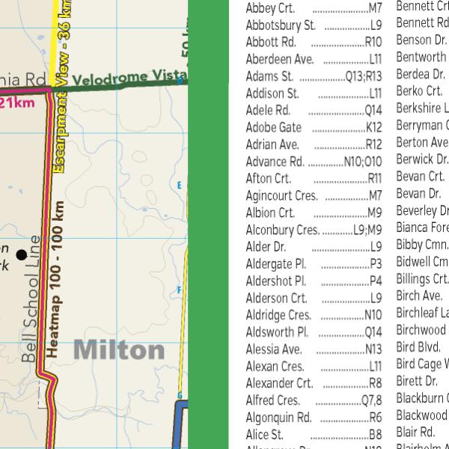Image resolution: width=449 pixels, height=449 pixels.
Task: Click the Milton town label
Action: (x=119, y=349)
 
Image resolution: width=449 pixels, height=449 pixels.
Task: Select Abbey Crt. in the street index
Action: (x=270, y=8)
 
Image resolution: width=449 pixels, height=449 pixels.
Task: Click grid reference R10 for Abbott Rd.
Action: (x=373, y=42)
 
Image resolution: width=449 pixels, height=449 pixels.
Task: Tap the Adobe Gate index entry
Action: (x=274, y=127)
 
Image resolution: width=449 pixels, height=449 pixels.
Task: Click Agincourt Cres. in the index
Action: (x=282, y=196)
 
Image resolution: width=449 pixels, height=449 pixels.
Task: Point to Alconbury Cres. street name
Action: (x=282, y=230)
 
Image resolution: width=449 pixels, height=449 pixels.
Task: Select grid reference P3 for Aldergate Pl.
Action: (x=376, y=263)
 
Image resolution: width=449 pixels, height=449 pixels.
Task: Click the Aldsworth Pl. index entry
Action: (x=277, y=332)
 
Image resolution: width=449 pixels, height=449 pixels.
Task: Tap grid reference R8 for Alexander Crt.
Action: (x=376, y=383)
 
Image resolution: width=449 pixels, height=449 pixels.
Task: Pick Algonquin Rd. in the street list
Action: (x=278, y=418)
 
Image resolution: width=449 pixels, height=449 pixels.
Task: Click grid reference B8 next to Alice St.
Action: (x=376, y=435)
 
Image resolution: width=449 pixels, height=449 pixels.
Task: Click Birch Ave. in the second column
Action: (x=419, y=296)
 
